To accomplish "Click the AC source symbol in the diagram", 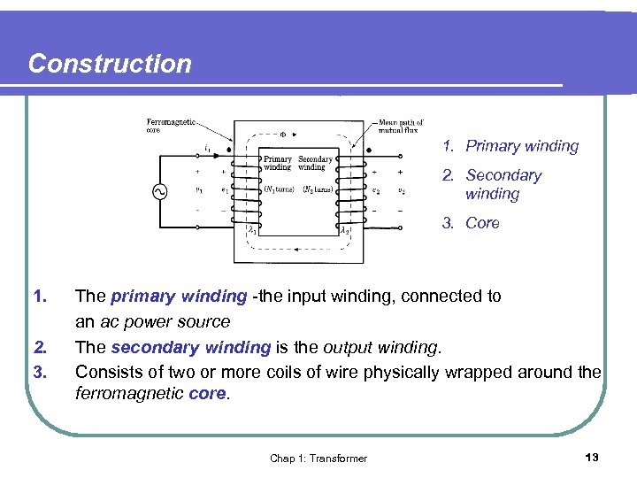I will pyautogui.click(x=162, y=191).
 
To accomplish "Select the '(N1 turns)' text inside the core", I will pyautogui.click(x=279, y=189).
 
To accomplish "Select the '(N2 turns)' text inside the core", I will pyautogui.click(x=318, y=189).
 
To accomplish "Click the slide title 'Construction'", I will pyautogui.click(x=110, y=64).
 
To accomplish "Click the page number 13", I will pyautogui.click(x=592, y=457).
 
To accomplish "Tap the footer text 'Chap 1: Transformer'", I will pyautogui.click(x=318, y=458).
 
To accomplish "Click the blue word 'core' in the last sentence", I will pyautogui.click(x=208, y=394).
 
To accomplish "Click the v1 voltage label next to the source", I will pyautogui.click(x=198, y=189).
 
